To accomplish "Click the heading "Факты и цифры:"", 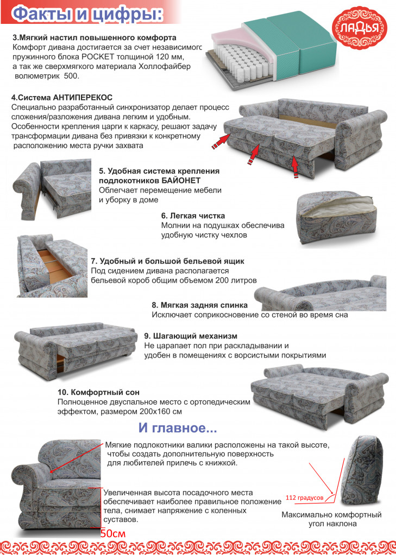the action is tap(87, 14).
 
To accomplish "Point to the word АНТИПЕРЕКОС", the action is tap(83, 98).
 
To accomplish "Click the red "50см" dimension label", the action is tap(113, 533).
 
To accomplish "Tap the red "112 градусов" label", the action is tap(305, 497).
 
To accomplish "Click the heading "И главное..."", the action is tap(178, 428).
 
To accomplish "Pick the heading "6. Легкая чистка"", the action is tap(193, 215).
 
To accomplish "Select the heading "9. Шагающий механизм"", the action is tap(191, 335).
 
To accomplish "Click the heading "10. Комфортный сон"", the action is tap(98, 392).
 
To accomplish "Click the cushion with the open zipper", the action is tap(336, 219).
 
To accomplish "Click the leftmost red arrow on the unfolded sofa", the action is tap(220, 141).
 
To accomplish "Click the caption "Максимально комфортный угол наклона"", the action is tap(331, 519).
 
